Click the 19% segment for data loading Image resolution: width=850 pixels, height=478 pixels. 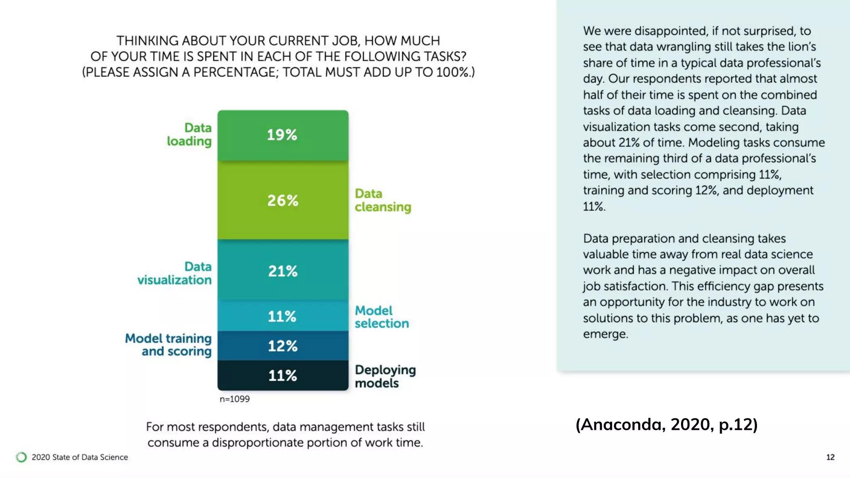(x=283, y=135)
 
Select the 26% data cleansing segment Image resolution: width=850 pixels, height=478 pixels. (x=283, y=200)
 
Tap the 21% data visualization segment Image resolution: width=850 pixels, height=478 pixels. (x=283, y=271)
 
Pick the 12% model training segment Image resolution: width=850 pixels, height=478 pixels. (x=283, y=346)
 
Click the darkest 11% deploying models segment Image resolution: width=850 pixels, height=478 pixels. (x=283, y=376)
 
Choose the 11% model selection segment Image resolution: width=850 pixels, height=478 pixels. (x=283, y=316)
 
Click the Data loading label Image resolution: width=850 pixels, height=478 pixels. (x=190, y=134)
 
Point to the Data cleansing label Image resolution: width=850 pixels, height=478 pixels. (x=382, y=200)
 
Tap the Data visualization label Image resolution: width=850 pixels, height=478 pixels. (x=175, y=273)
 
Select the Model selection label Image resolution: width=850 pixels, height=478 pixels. (x=381, y=317)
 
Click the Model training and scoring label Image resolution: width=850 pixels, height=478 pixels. (x=169, y=345)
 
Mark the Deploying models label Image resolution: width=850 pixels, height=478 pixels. (x=385, y=376)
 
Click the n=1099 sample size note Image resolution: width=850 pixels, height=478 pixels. (x=234, y=399)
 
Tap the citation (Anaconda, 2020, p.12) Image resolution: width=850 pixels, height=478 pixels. (x=667, y=424)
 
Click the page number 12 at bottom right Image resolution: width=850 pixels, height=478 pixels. (x=830, y=457)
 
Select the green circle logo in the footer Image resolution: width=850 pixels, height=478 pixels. (x=21, y=457)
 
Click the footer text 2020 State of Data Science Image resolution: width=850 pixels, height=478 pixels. (x=80, y=457)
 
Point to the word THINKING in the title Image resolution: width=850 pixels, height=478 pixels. (x=147, y=41)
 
